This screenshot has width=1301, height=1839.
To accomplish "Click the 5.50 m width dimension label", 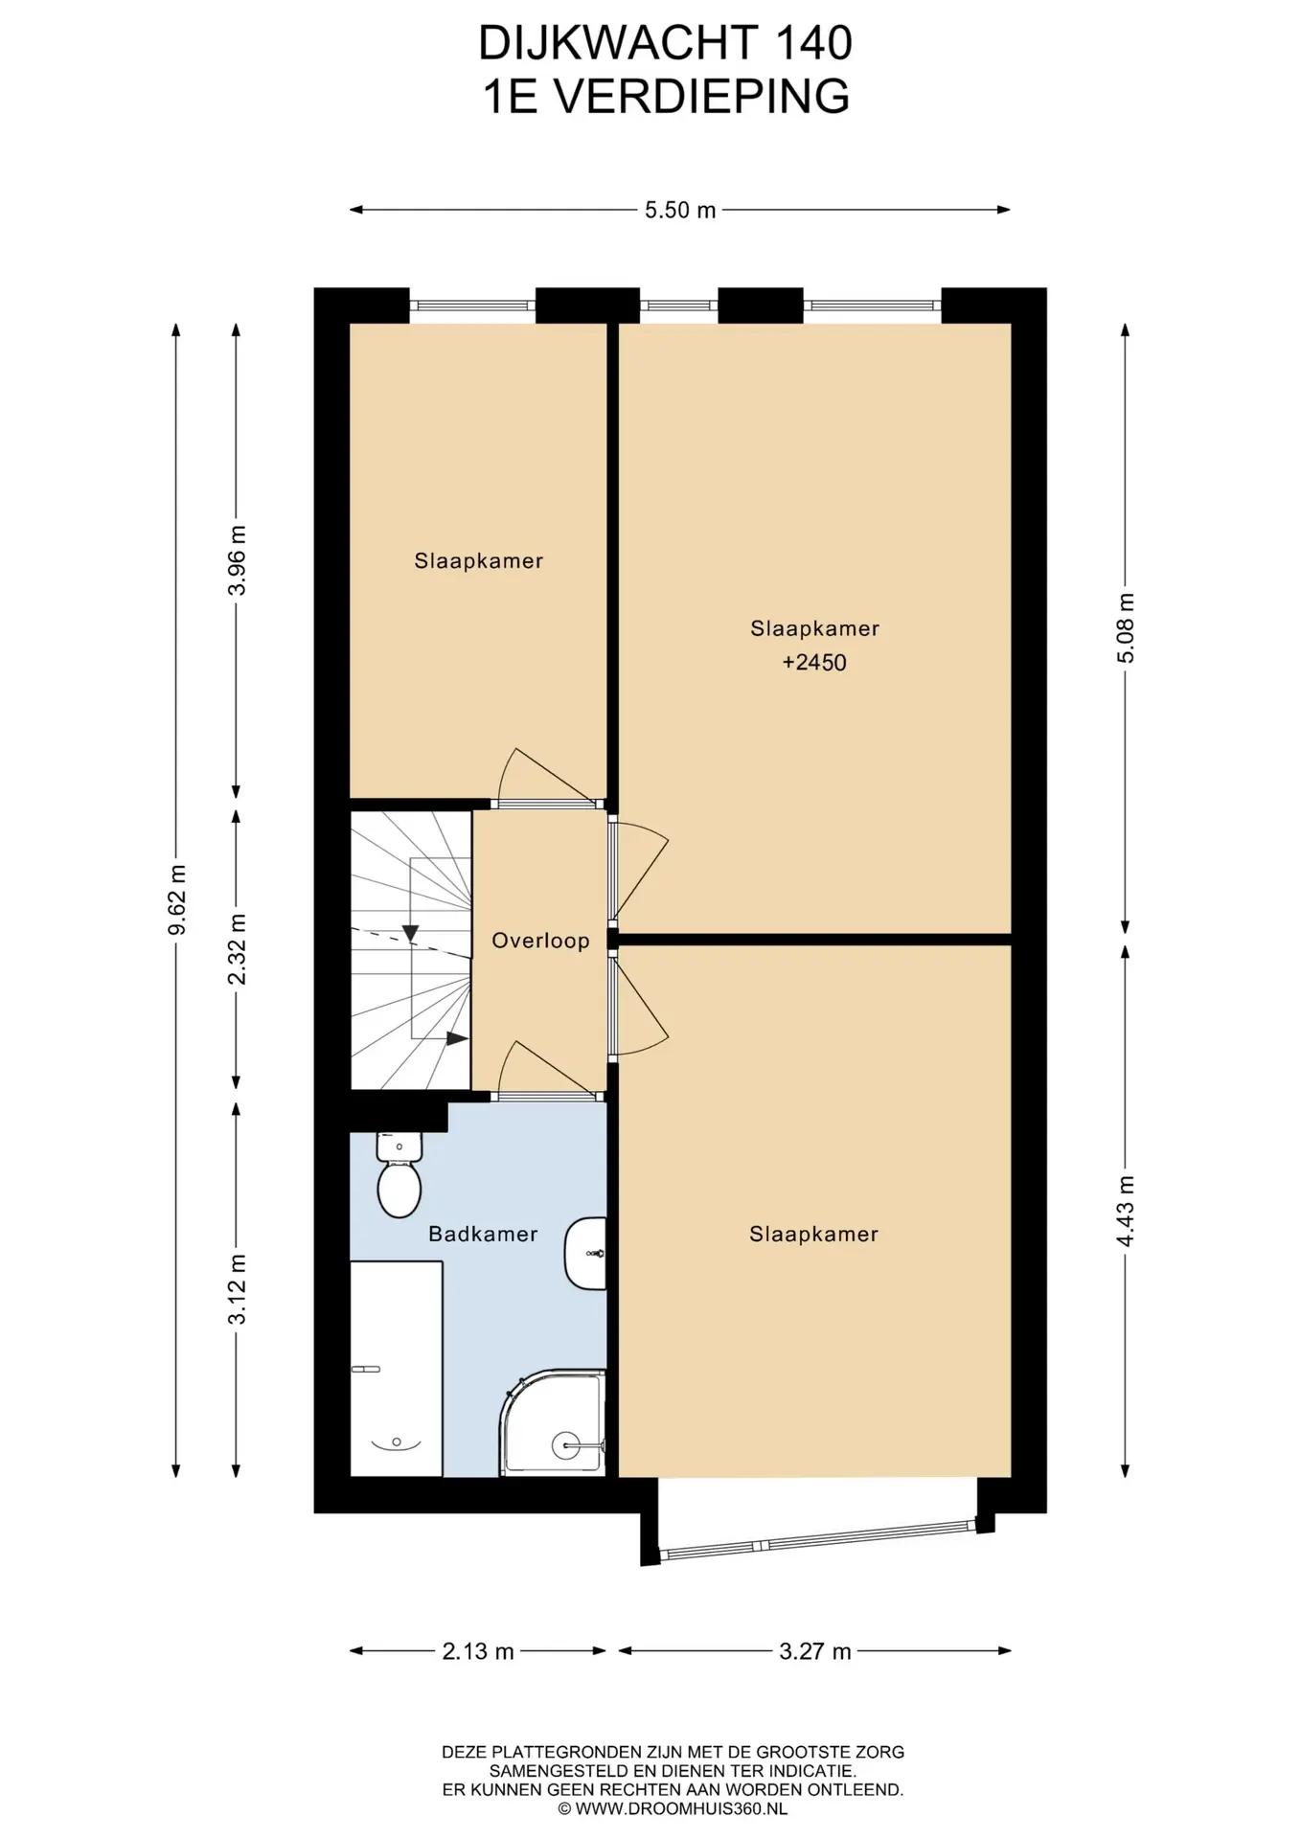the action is click(680, 210).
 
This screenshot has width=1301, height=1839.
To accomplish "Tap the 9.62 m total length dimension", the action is click(176, 899).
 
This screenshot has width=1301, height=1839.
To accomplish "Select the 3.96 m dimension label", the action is click(237, 560).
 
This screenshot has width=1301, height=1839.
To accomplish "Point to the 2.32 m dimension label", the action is click(237, 949).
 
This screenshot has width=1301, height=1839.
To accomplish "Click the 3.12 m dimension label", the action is click(237, 1289).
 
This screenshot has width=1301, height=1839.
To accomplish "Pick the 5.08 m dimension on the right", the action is click(1126, 627).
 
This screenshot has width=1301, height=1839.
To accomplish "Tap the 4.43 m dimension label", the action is click(1126, 1211).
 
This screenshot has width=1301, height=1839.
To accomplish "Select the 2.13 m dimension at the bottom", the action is click(478, 1651).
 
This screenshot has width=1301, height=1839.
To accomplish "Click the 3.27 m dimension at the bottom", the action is click(815, 1651).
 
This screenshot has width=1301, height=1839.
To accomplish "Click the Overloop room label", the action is click(540, 941).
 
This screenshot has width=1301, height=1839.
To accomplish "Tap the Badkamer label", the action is click(483, 1234).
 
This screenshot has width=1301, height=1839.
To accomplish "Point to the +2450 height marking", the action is click(814, 663).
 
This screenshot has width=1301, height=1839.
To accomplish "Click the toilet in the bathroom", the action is click(399, 1174).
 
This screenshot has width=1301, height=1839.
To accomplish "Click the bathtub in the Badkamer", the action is click(397, 1369).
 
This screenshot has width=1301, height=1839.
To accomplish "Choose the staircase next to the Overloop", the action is click(411, 950).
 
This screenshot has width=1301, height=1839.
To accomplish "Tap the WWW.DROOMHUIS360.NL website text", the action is click(681, 1809).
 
